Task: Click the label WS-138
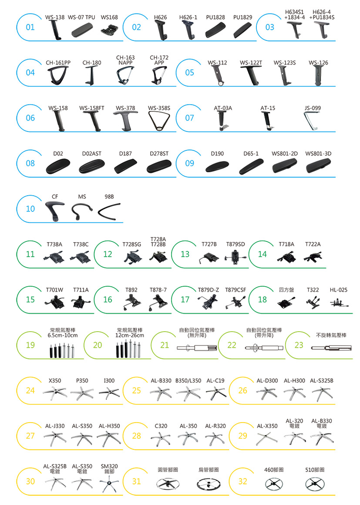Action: [x=55, y=17]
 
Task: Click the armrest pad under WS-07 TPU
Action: [x=82, y=31]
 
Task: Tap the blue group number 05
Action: [x=189, y=73]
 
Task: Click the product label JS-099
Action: [x=313, y=108]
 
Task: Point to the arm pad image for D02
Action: [x=58, y=166]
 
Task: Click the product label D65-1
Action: [x=251, y=154]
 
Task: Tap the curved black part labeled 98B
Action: [x=109, y=212]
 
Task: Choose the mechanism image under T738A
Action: [x=54, y=257]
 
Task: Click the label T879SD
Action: [x=236, y=244]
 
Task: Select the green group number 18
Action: [x=262, y=300]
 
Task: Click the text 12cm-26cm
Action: [x=130, y=335]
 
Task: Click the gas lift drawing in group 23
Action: [x=331, y=348]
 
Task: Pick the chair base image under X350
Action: [x=55, y=393]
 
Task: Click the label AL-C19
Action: [x=215, y=381]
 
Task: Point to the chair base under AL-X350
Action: [x=267, y=439]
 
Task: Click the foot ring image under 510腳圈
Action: [x=315, y=484]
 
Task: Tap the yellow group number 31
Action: [x=136, y=481]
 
